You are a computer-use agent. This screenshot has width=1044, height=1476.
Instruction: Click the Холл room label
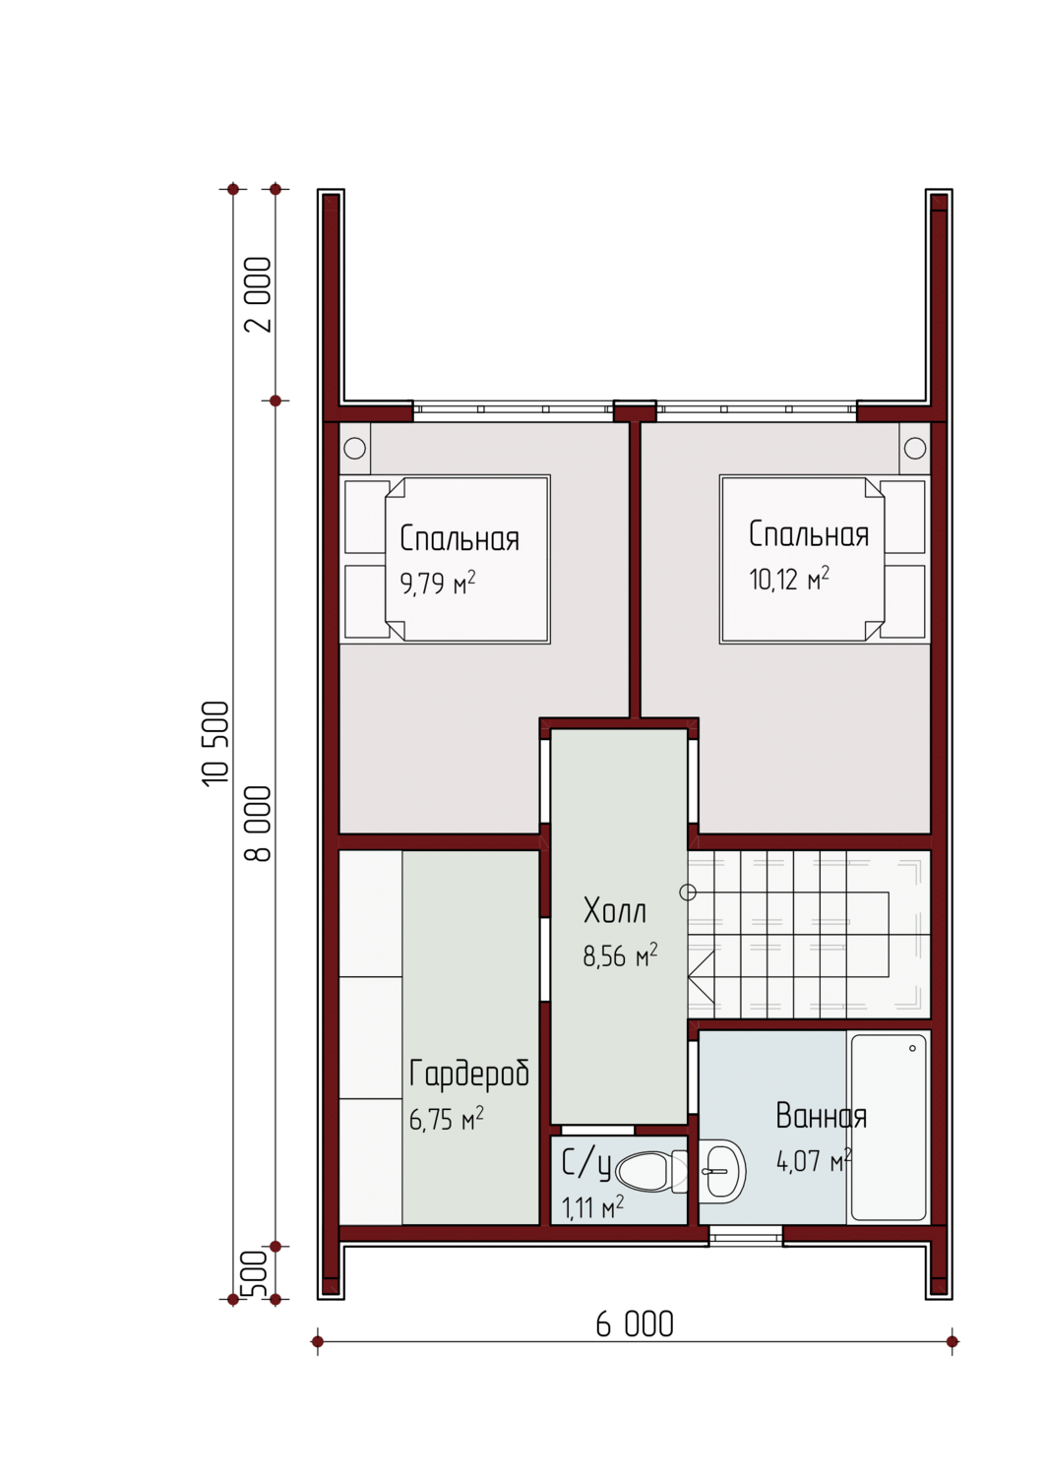[x=614, y=910]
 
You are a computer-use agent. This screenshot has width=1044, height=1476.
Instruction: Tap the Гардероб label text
[x=468, y=1073]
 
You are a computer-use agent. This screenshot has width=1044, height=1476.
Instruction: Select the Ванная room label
[x=821, y=1116]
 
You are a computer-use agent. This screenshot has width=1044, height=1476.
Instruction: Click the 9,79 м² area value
[x=438, y=583]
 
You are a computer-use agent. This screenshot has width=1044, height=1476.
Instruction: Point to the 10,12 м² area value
[x=788, y=579]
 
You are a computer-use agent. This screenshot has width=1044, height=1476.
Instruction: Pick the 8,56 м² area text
[x=620, y=955]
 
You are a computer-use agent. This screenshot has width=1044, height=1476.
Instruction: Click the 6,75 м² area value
[x=446, y=1118]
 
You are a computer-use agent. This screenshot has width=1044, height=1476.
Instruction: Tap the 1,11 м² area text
[x=592, y=1207]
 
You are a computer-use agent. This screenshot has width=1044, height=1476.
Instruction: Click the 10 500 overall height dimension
[x=215, y=743]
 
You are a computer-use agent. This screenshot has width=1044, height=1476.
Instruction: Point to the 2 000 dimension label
[x=258, y=294]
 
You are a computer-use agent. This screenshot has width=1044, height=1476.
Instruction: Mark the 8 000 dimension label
[x=258, y=824]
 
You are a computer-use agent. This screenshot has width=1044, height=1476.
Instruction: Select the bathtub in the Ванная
[x=889, y=1127]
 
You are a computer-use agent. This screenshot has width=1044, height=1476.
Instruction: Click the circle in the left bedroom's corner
[x=354, y=448]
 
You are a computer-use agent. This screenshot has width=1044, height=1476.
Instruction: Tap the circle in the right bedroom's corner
[x=915, y=448]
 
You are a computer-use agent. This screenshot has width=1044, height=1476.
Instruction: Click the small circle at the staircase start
[x=688, y=892]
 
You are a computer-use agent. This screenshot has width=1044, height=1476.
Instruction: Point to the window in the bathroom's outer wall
[x=746, y=1236]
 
